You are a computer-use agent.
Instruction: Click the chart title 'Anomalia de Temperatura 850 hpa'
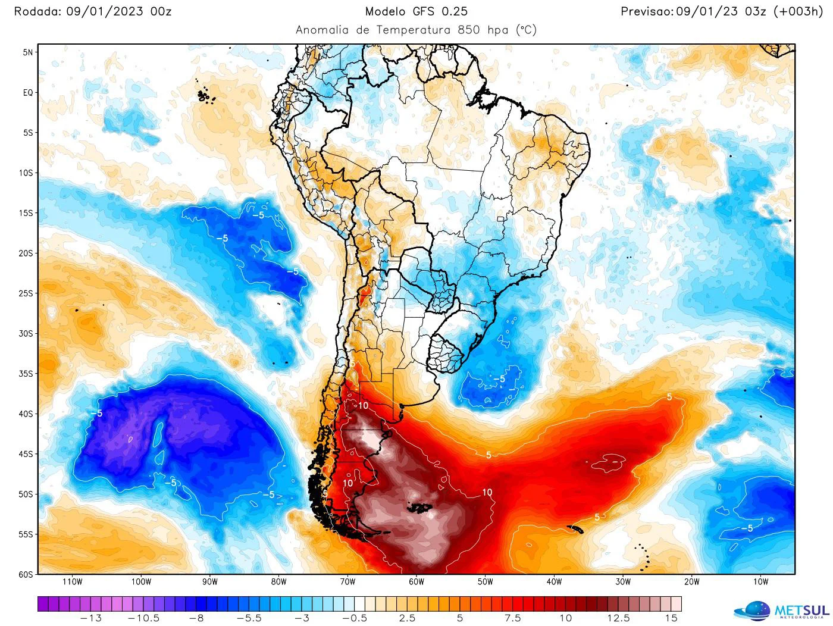(416, 30)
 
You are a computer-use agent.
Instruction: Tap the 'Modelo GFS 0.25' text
(416, 11)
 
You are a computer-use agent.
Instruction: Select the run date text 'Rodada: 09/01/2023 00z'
(93, 11)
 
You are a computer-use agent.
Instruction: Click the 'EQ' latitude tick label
(27, 93)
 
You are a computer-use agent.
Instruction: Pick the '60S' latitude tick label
(25, 575)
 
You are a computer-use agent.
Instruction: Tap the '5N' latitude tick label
(27, 52)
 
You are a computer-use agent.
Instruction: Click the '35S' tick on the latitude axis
(25, 374)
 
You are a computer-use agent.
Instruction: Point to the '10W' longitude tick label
(760, 582)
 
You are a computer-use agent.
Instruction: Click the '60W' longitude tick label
(416, 582)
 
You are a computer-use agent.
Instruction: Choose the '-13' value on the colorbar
(90, 618)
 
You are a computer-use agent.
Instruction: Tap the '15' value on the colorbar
(671, 618)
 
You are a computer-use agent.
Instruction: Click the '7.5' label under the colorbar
(512, 618)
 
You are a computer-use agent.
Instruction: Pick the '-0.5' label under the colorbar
(355, 618)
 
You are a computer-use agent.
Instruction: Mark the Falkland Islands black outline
(419, 507)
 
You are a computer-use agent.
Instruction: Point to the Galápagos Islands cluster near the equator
(206, 95)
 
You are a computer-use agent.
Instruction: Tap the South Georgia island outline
(575, 527)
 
